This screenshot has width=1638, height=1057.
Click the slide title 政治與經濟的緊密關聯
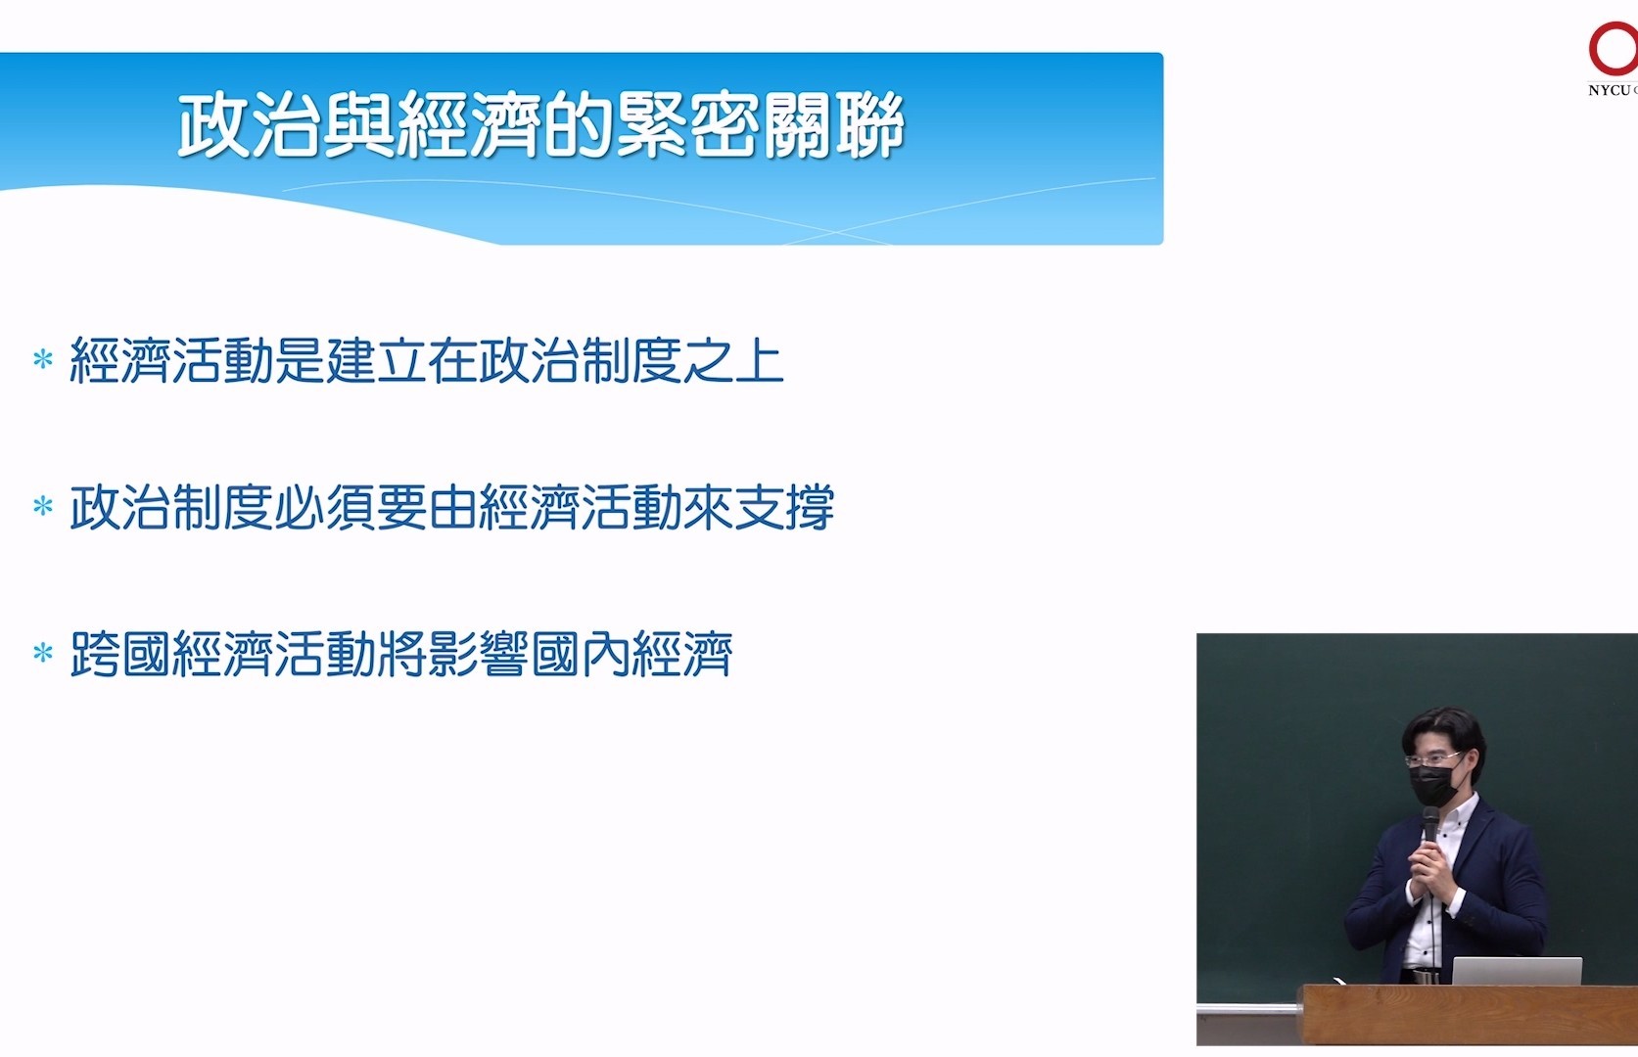click(x=541, y=124)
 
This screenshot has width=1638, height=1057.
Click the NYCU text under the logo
click(x=1609, y=91)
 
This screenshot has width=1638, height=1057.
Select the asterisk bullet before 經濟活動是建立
click(x=43, y=359)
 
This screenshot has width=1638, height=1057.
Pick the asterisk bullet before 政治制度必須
click(x=43, y=506)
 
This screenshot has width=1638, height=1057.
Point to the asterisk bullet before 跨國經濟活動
click(x=43, y=653)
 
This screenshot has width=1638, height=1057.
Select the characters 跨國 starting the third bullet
click(x=120, y=653)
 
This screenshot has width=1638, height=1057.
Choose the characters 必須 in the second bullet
click(x=325, y=506)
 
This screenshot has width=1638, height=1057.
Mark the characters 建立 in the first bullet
click(x=376, y=359)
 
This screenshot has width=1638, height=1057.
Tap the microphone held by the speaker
click(x=1430, y=826)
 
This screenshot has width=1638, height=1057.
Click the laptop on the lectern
click(x=1517, y=971)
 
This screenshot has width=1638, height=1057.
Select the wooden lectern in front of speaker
click(x=1468, y=1015)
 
